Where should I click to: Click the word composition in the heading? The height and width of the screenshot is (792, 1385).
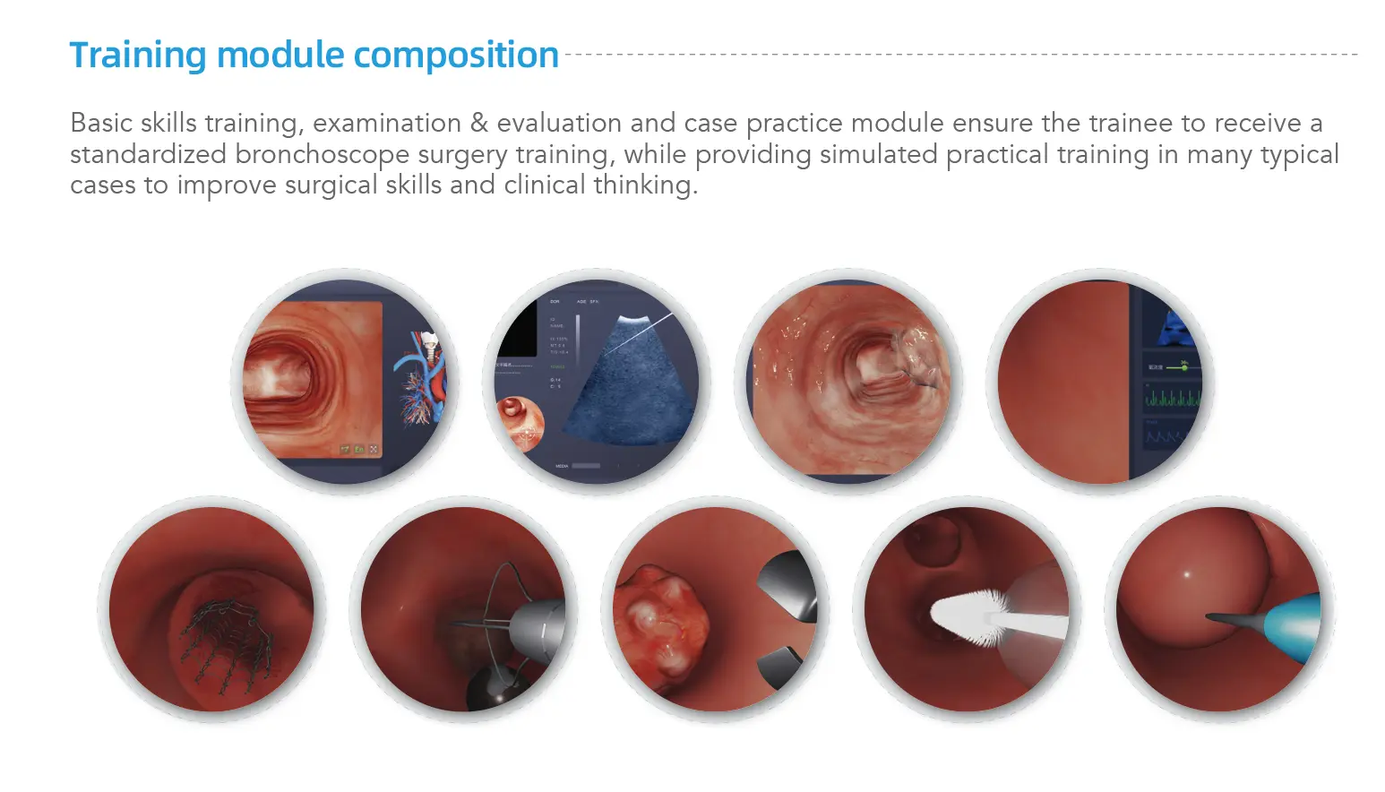click(x=456, y=56)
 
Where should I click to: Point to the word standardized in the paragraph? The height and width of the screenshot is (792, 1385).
click(x=148, y=154)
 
